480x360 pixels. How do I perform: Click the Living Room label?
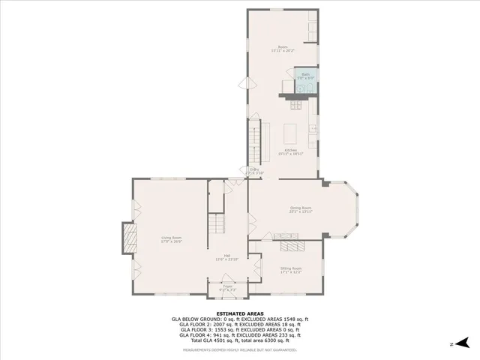[x=171, y=238]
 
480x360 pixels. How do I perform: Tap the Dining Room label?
[x=301, y=209]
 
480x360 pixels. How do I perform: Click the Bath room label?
[x=305, y=74]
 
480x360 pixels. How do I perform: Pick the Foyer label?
[x=226, y=286]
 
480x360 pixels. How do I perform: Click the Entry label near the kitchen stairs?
[x=254, y=171]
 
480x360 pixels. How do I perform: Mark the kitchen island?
[x=291, y=133]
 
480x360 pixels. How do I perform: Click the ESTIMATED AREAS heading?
[x=240, y=313]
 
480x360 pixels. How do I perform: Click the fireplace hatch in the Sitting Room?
[x=289, y=247]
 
